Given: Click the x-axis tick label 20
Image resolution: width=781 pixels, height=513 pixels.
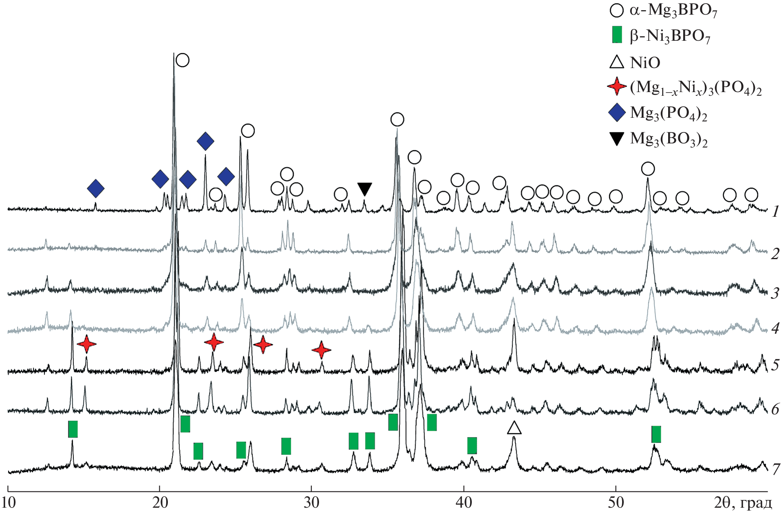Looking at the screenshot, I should pos(160,503).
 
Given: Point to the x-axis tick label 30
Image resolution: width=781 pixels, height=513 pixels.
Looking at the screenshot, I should pos(312,503).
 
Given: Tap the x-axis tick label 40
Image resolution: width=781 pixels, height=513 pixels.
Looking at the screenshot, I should pos(464,503).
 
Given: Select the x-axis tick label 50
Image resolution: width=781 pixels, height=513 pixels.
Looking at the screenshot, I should pos(616,503).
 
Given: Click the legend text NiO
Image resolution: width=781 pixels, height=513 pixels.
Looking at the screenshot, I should pos(645,63).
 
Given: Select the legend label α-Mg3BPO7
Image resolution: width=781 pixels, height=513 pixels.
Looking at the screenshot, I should pos(673,11).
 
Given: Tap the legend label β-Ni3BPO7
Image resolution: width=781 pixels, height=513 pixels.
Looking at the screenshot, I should pos(670,37).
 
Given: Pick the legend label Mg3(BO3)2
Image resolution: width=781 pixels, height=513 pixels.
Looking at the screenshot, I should pos(669,139).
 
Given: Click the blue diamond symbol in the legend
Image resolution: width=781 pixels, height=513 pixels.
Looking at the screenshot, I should pos(617,112).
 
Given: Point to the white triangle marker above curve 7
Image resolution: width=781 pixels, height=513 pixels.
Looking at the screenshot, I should pos(514,428).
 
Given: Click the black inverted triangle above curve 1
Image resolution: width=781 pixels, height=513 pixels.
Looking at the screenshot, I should pos(365,189).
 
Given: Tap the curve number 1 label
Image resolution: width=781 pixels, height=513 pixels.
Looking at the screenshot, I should pos(775,211).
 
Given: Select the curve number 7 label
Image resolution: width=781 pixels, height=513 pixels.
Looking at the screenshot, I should pos(775,469).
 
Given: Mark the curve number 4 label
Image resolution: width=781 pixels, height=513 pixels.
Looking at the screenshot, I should pos(775,328).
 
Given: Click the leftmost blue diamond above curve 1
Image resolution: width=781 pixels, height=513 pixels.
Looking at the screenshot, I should pos(96,188).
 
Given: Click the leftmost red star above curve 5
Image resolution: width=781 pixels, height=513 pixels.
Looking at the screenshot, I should pos(86,344).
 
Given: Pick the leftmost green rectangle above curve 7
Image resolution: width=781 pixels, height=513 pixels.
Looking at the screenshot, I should pos(73,429).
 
